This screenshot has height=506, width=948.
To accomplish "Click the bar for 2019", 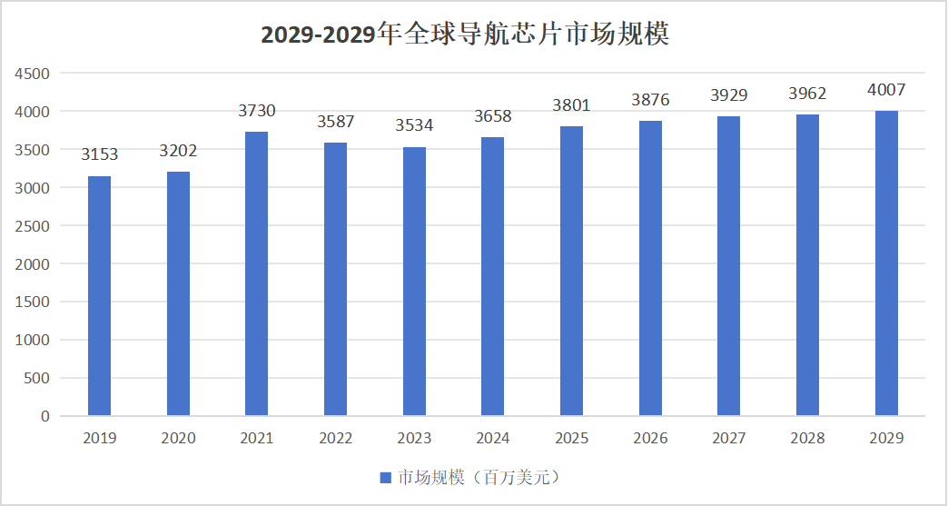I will tap(99, 296).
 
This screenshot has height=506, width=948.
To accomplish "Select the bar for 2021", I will tap(257, 273).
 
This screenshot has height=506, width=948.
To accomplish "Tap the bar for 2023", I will tap(414, 282).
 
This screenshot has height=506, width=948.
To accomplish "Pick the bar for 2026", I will tap(650, 268).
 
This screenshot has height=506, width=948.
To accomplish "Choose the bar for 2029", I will tap(886, 263).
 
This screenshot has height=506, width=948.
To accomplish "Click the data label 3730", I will tap(257, 111).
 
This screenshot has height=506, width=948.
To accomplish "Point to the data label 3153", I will tap(100, 154).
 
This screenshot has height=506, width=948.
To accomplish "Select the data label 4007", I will tap(886, 90).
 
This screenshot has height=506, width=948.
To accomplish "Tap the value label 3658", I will tap(493, 116).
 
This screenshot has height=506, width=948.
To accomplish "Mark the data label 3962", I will tap(807, 94).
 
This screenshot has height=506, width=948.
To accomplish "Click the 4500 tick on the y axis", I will tap(33, 74).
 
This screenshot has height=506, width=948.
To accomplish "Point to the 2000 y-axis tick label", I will tap(33, 264).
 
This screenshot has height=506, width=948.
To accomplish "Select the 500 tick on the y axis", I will tap(37, 378).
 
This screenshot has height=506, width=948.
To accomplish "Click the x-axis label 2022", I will tap(336, 439).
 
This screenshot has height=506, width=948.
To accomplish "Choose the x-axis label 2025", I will tap(572, 439).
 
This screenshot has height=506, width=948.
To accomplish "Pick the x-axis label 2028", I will tap(807, 439).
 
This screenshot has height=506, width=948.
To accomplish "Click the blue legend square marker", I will tap(384, 478).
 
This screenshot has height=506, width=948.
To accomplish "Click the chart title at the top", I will tap(465, 35).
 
